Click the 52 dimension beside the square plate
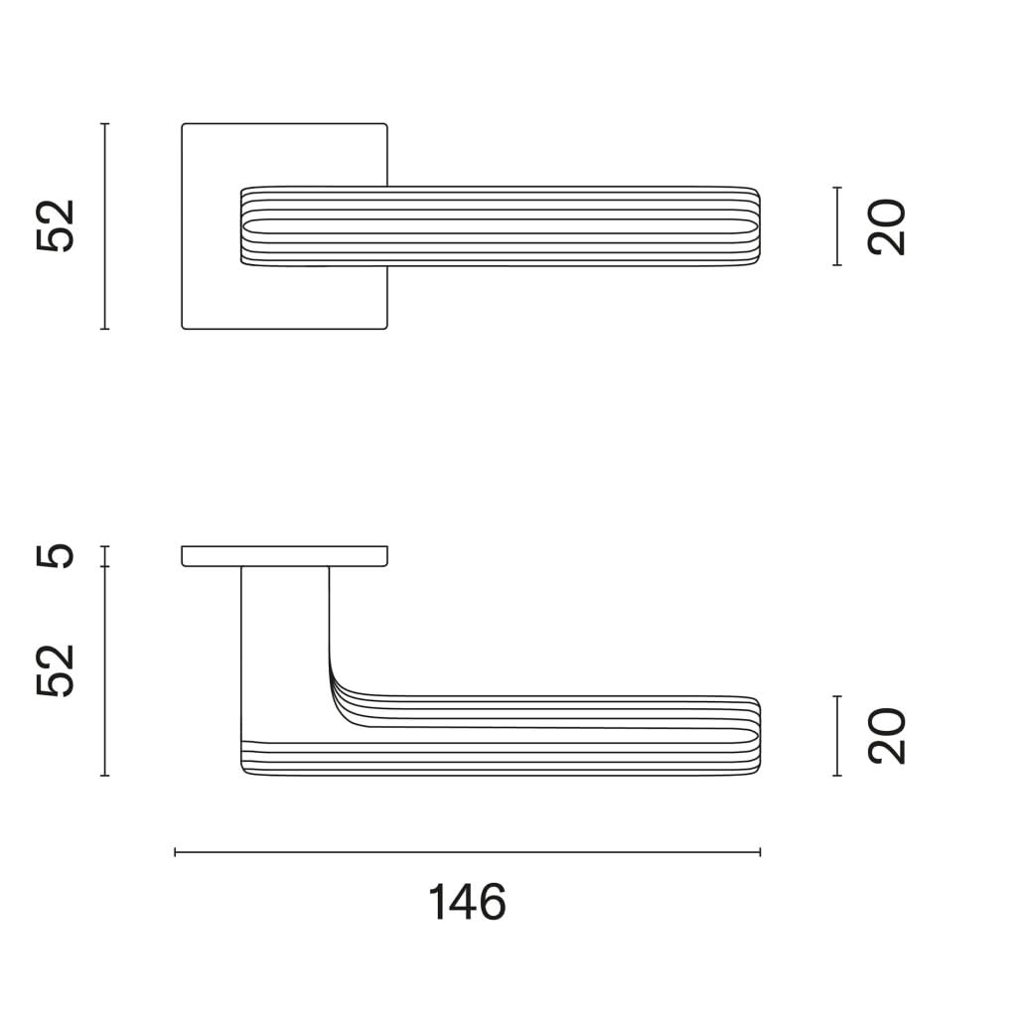pos(57,226)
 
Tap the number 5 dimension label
pos(57,555)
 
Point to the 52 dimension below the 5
pos(57,670)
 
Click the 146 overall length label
pos(467,902)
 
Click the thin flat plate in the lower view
pos(284,556)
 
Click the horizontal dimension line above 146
pos(467,851)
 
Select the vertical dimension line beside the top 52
pos(104,226)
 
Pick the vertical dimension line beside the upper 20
pos(838,226)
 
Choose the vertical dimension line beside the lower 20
pos(838,736)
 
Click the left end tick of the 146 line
pos(175,851)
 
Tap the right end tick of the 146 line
pos(760,851)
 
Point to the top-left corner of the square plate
pos(184,125)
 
